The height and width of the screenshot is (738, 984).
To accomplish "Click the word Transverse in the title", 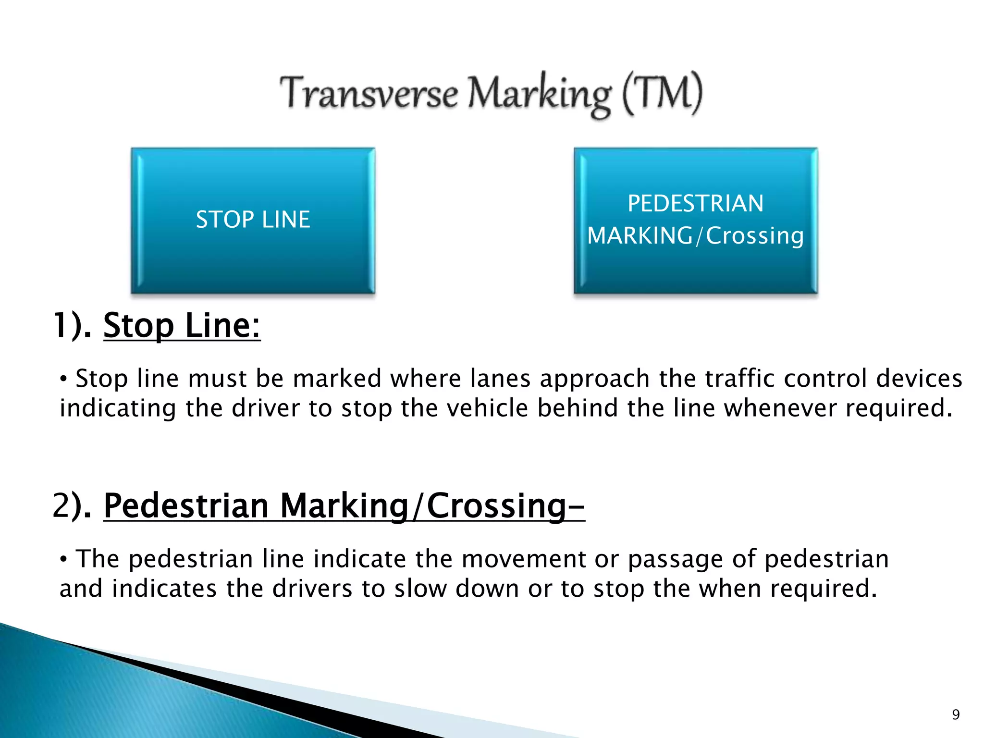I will point(369,93).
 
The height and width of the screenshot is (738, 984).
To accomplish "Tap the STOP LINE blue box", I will point(253,221).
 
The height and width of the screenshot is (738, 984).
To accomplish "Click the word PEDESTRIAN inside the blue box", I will point(695,204).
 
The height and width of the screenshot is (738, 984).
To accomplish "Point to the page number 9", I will point(956,715).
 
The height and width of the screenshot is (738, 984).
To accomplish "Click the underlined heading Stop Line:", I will point(182,326).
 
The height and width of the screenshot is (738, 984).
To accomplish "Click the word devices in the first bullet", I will point(919,379).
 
